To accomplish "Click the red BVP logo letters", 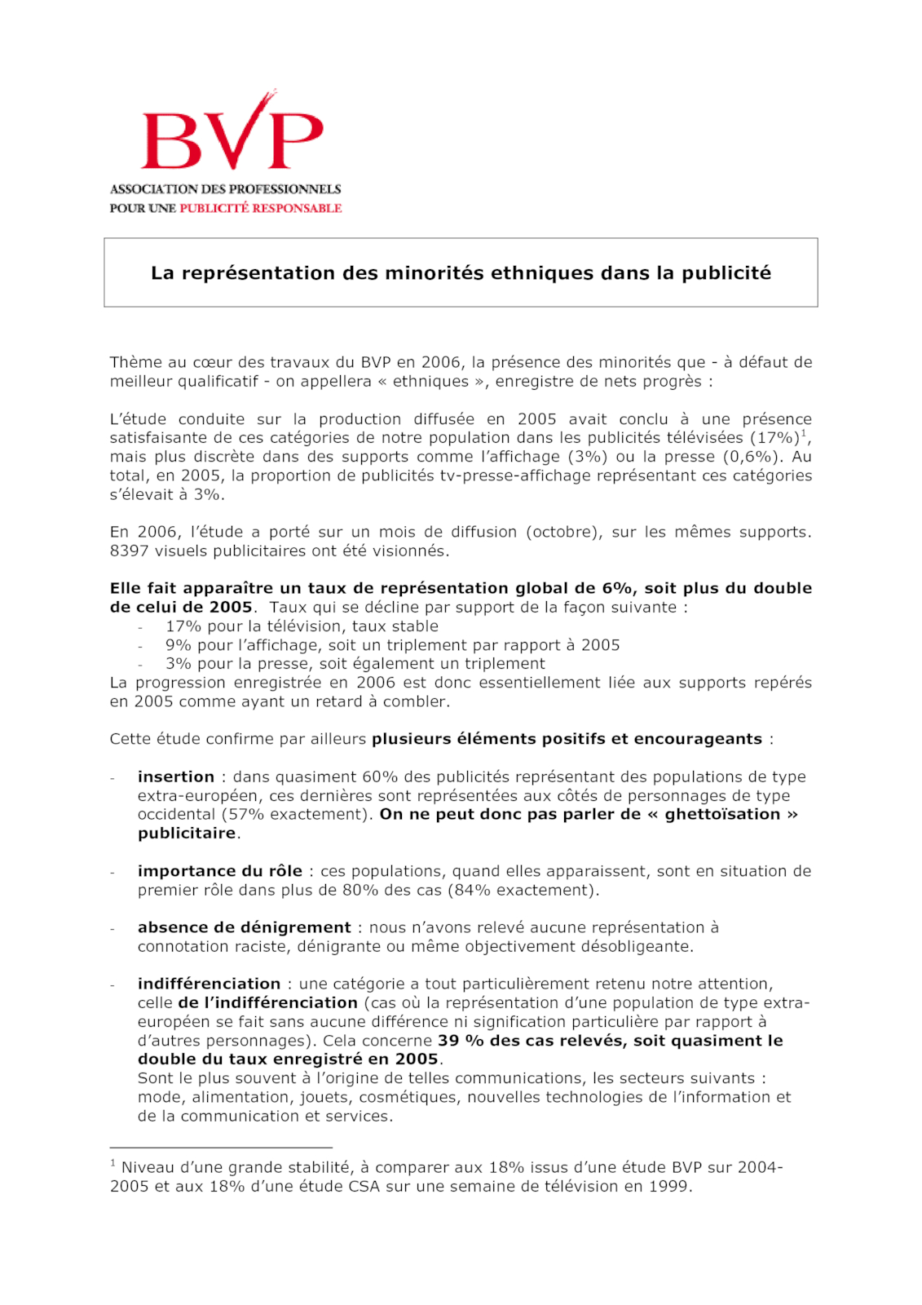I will [x=232, y=139].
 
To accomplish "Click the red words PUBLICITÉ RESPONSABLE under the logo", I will [x=260, y=209].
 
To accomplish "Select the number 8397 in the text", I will [x=129, y=551].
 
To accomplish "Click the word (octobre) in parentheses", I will [x=563, y=533].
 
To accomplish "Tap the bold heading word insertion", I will [x=175, y=776].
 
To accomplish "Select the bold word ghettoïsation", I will [x=722, y=814].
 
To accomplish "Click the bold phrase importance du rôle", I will [x=219, y=871].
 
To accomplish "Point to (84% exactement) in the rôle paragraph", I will [x=523, y=890].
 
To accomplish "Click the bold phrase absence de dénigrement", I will [x=244, y=927].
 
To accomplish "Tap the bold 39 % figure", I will [x=461, y=1041].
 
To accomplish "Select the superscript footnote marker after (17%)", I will [x=804, y=433].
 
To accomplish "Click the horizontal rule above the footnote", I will [x=221, y=1148].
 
